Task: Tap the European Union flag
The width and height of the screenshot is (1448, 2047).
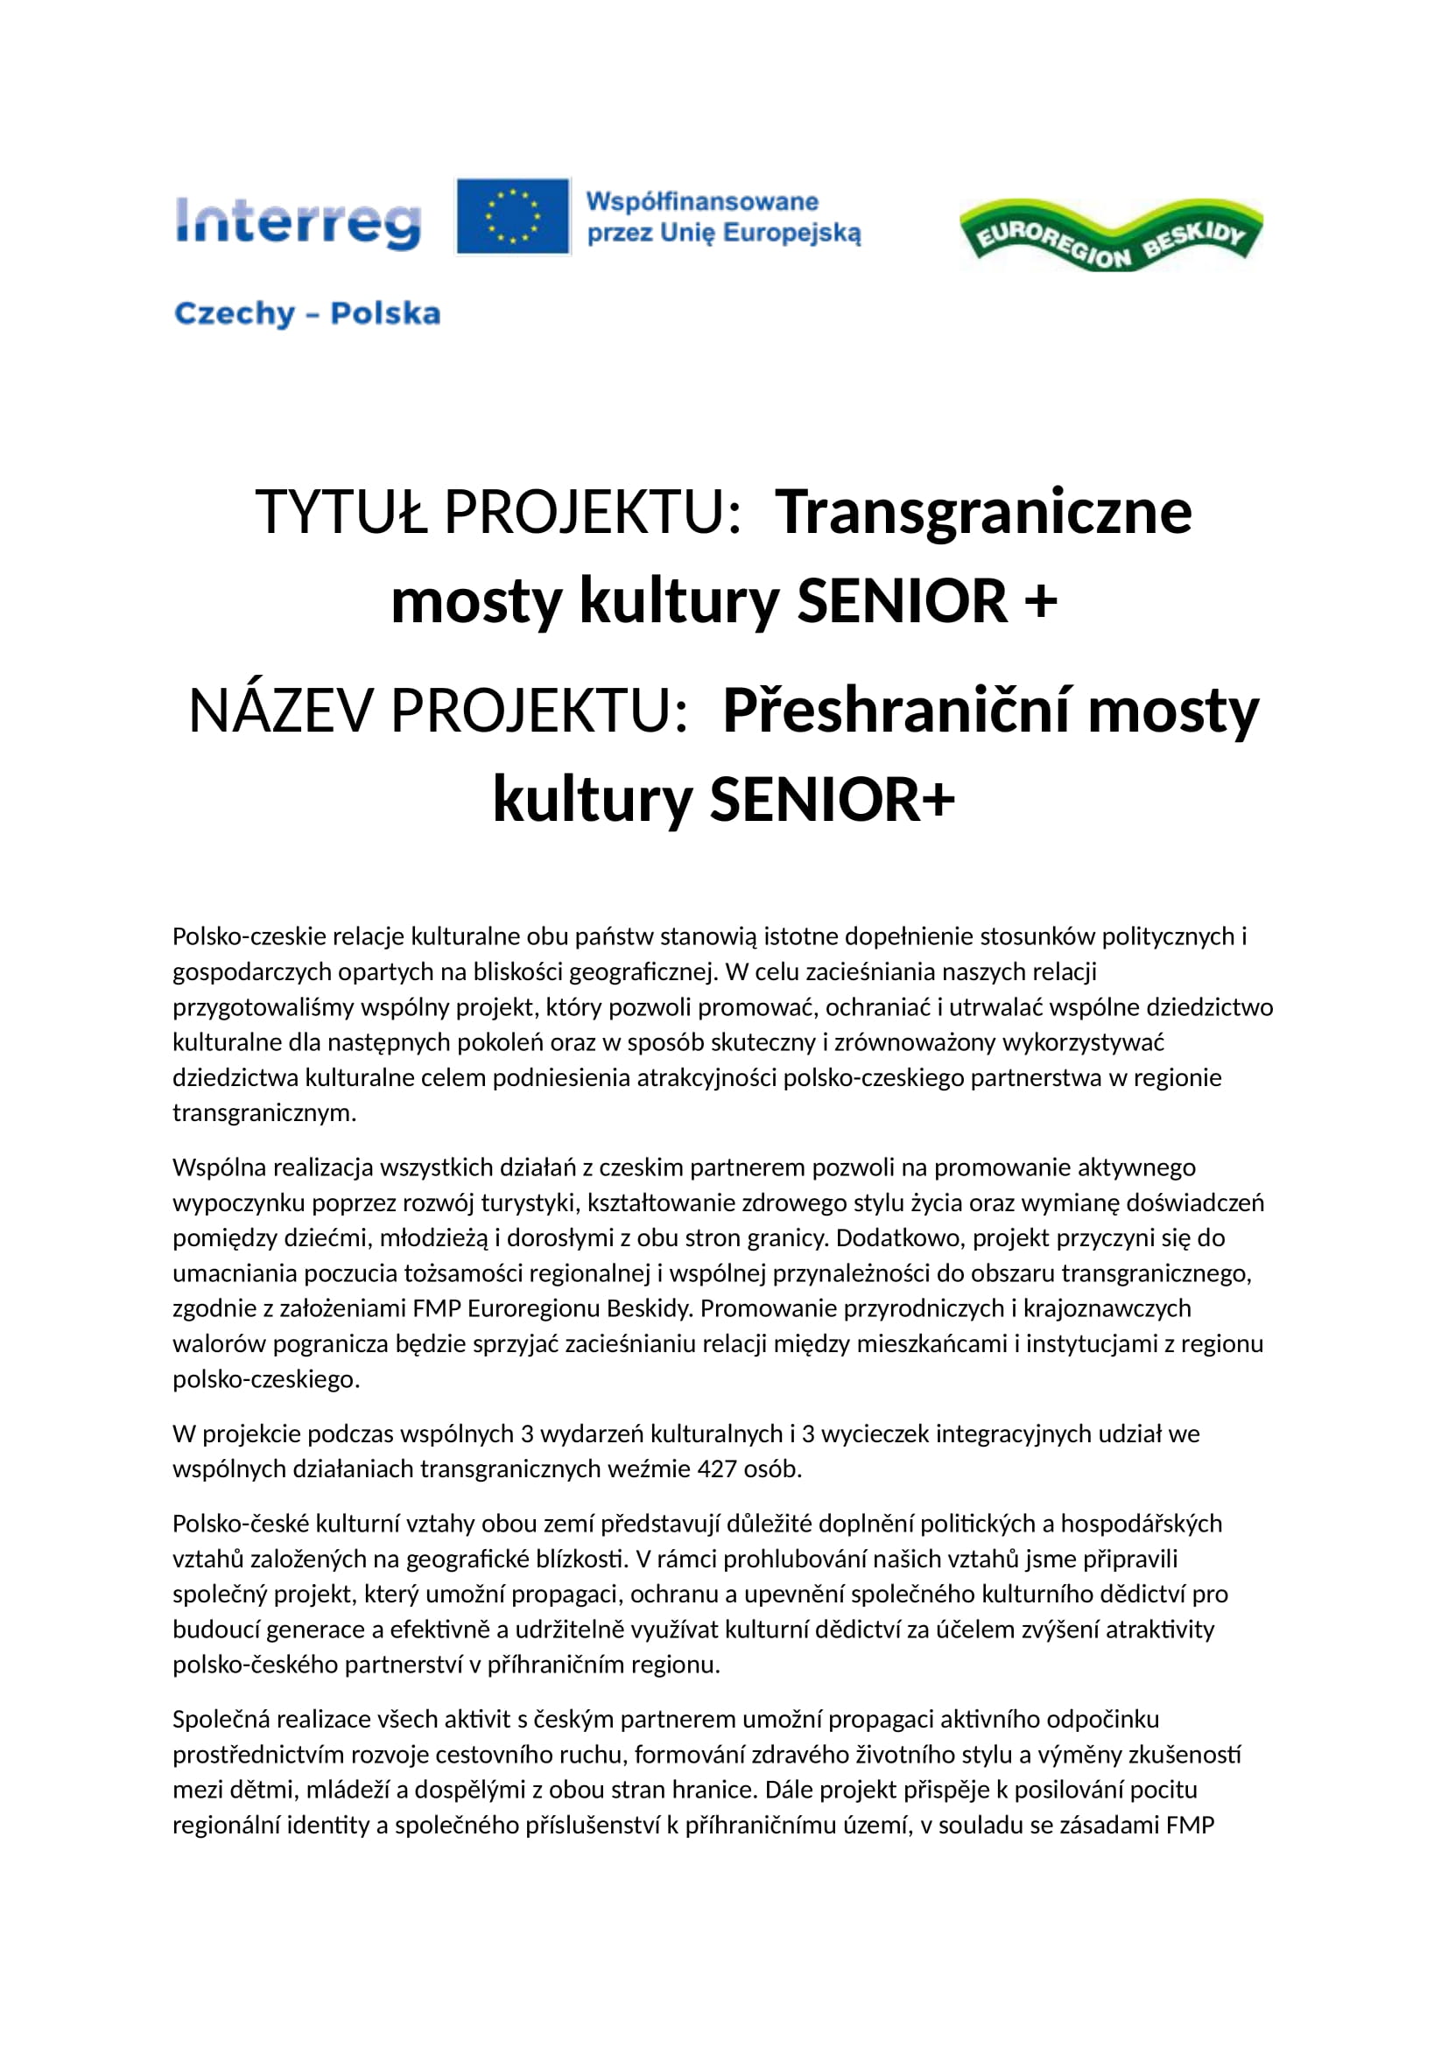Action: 513,216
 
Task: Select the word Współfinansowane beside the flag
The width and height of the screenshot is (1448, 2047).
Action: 702,201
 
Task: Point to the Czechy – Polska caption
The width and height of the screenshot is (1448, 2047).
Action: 306,314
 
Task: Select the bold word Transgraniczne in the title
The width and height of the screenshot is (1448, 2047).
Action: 982,513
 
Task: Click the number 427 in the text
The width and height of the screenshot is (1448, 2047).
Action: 716,1469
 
